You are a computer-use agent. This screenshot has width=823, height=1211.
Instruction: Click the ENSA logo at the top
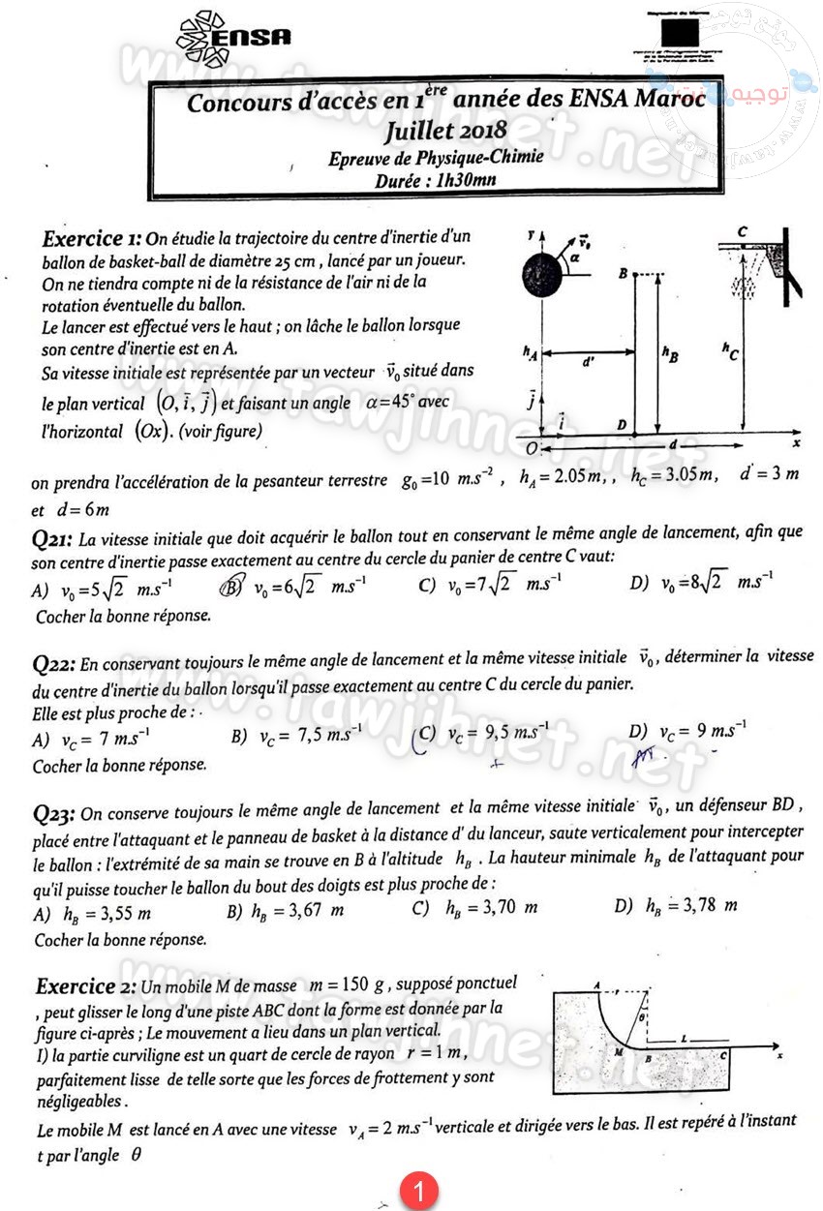233,35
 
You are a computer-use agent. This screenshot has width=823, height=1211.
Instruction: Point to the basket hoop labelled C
743,250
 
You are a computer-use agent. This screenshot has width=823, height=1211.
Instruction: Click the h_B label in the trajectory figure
670,355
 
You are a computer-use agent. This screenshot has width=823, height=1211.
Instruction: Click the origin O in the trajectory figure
531,449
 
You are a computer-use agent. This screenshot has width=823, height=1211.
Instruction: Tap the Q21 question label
52,540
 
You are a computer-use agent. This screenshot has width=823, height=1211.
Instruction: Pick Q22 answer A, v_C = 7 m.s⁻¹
92,739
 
